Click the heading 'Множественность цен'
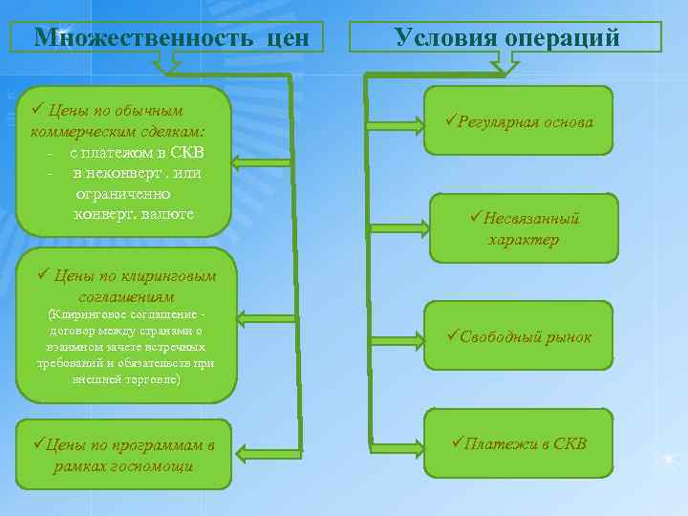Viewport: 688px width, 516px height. click(x=172, y=38)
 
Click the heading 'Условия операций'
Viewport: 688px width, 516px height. click(x=506, y=38)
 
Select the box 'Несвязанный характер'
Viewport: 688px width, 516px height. click(x=524, y=228)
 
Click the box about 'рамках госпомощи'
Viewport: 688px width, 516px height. click(x=123, y=455)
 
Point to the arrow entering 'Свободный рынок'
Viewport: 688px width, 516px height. click(x=398, y=337)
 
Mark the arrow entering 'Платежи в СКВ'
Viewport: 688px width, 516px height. click(x=398, y=445)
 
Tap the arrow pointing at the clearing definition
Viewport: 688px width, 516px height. click(x=263, y=318)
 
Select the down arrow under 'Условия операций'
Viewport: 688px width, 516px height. click(x=504, y=63)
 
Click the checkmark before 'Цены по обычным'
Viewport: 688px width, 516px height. click(x=37, y=109)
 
